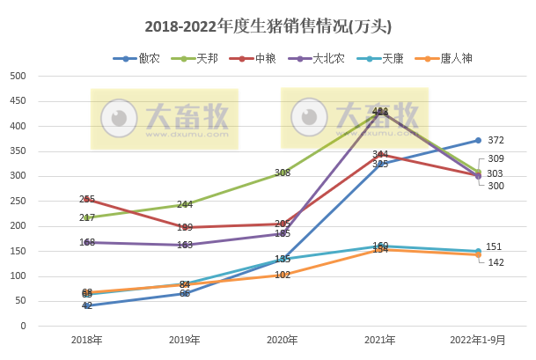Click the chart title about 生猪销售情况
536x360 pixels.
coord(268,26)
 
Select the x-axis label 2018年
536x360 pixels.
coord(87,340)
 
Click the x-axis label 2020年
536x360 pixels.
coord(283,340)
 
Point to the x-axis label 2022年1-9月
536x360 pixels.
coord(478,340)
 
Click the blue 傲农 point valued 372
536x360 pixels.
coord(478,140)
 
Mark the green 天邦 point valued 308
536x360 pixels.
coord(283,173)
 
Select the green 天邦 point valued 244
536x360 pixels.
coord(185,204)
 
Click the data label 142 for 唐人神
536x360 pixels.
coord(496,262)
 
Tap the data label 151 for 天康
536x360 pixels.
coord(496,246)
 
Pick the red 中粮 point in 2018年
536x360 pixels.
coord(87,200)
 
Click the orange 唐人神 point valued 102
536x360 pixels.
coord(283,275)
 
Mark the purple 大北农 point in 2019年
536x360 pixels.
coord(185,245)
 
